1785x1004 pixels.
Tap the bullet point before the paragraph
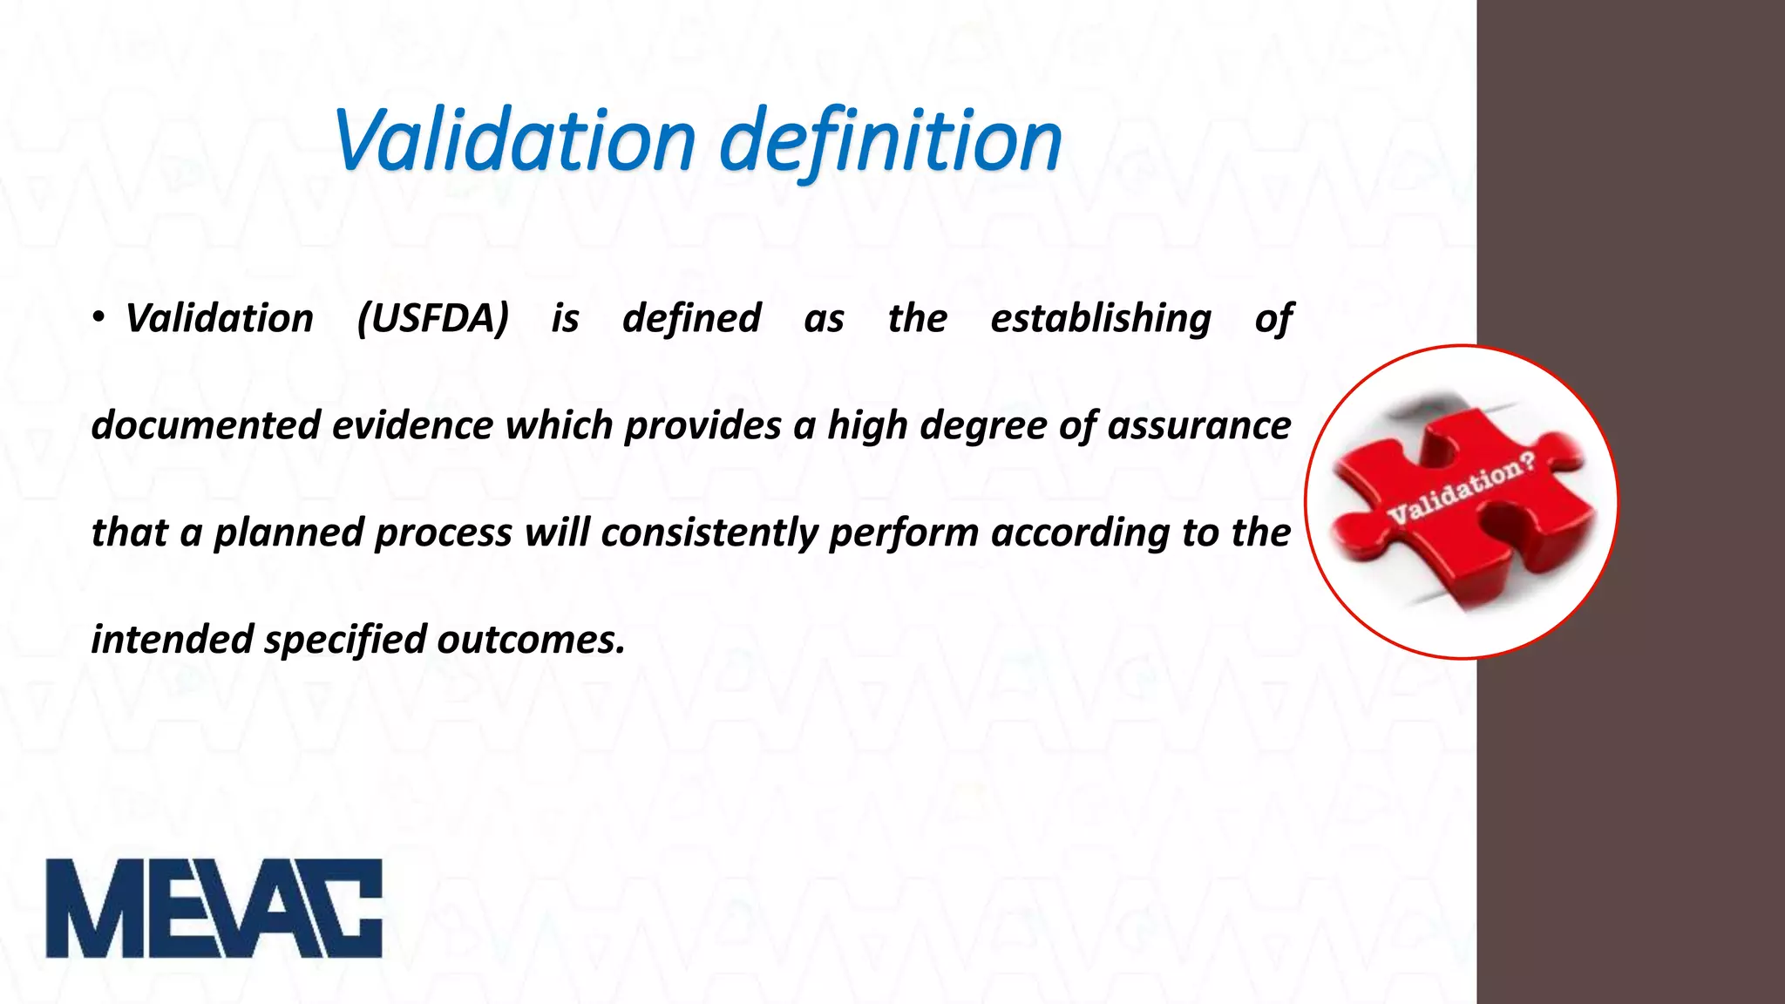pos(98,319)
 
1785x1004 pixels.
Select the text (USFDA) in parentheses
pos(433,318)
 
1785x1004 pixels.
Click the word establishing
pos(1100,319)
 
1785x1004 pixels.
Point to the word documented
pos(206,426)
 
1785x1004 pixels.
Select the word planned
pos(288,533)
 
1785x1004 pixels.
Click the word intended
pos(173,640)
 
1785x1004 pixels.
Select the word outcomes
pos(531,640)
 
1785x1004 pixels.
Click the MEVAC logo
pos(214,908)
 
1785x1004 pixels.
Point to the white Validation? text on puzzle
pos(1460,488)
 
